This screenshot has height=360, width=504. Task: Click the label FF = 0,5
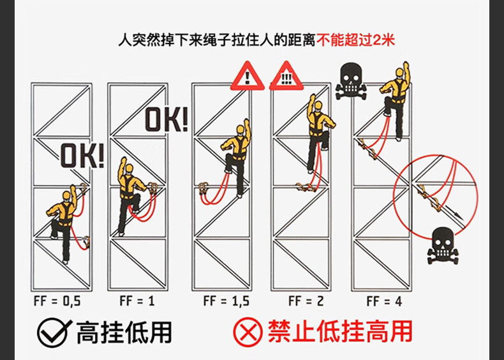[57, 301]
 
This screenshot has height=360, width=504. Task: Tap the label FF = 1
[137, 301]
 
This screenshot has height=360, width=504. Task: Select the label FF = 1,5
[226, 301]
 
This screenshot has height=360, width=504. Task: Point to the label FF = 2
[306, 301]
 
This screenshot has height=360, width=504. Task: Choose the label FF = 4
[384, 301]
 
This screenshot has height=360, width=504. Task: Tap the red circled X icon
[248, 332]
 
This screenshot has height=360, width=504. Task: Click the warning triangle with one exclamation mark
[247, 76]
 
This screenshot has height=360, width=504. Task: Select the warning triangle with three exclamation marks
[286, 76]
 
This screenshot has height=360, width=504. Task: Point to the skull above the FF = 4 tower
[351, 81]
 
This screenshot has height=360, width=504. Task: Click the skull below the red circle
[443, 246]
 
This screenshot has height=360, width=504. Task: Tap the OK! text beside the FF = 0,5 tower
[82, 156]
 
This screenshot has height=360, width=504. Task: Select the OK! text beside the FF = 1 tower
[166, 119]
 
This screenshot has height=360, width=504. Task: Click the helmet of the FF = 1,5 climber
[240, 130]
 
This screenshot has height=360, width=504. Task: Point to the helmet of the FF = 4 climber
[399, 72]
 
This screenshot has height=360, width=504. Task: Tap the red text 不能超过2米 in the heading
[355, 40]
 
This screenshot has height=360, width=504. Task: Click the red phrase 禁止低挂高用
[340, 332]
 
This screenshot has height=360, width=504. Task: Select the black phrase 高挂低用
[124, 333]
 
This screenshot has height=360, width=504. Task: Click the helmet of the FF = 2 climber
[318, 106]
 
